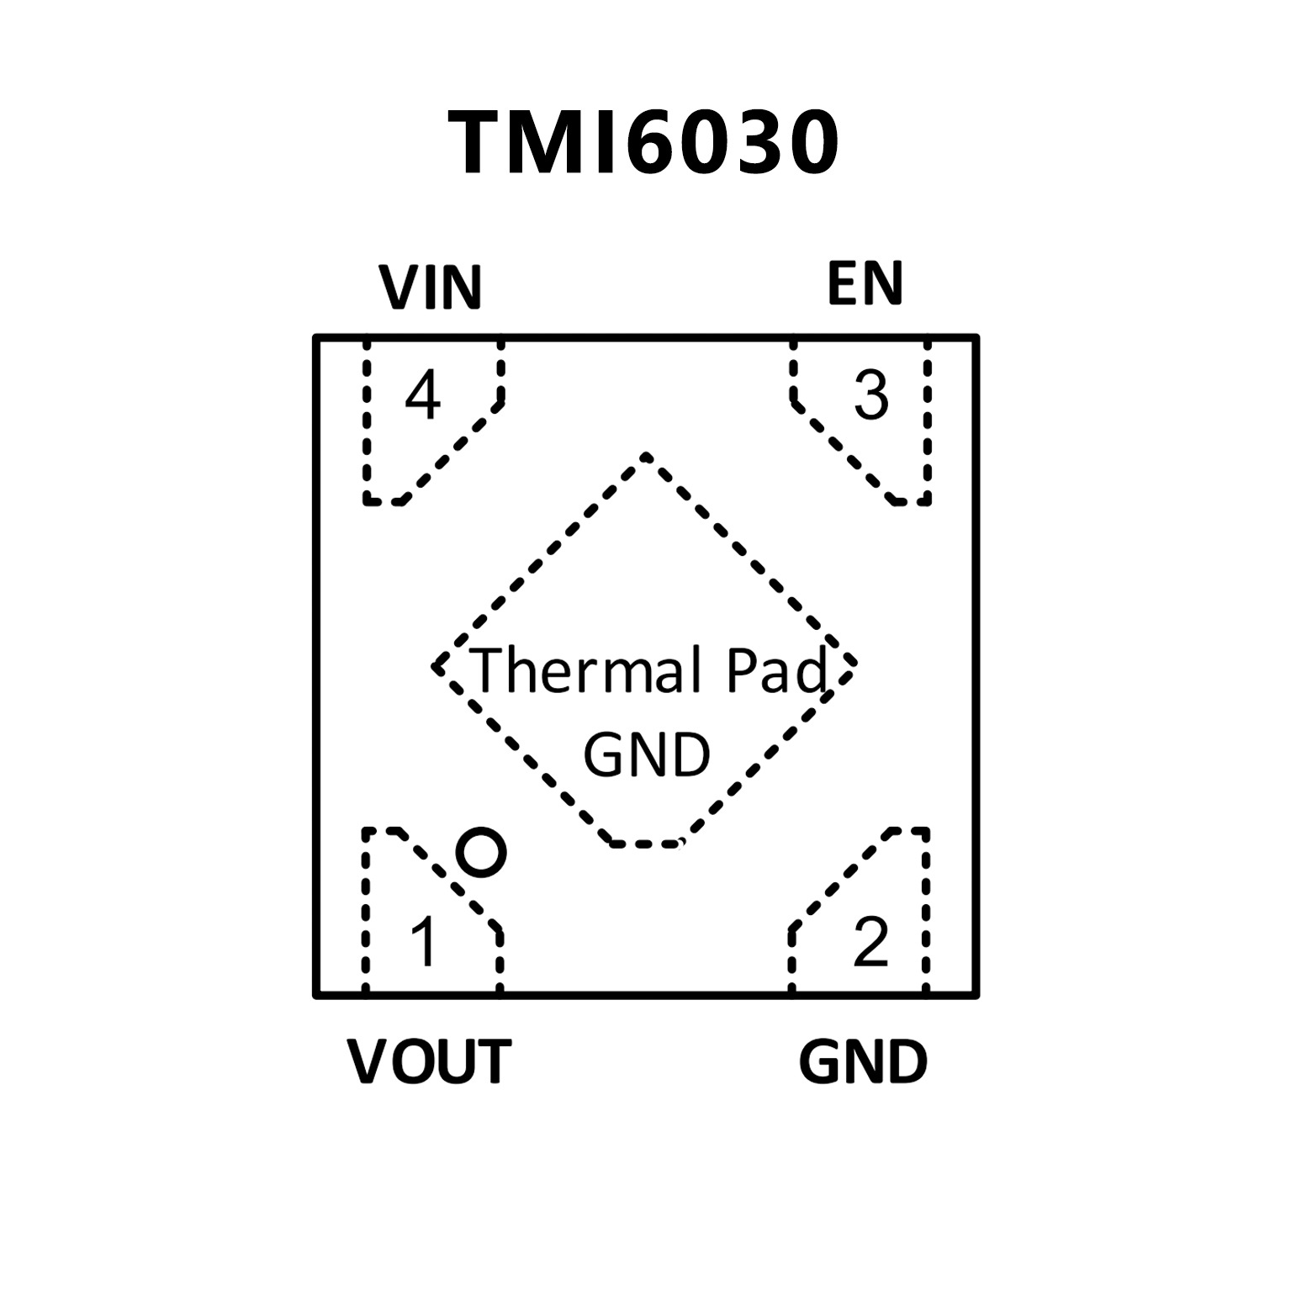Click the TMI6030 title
(644, 143)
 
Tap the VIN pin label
(431, 288)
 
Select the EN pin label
(865, 283)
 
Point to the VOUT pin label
(429, 1061)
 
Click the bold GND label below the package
(863, 1061)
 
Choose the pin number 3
(870, 395)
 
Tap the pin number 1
(424, 942)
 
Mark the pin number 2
(870, 942)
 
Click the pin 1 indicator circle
(481, 853)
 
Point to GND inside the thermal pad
(646, 754)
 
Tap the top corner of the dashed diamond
(646, 457)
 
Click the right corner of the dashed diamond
(854, 663)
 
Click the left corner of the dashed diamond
(436, 666)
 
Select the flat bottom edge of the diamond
(644, 843)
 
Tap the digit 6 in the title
(659, 143)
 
